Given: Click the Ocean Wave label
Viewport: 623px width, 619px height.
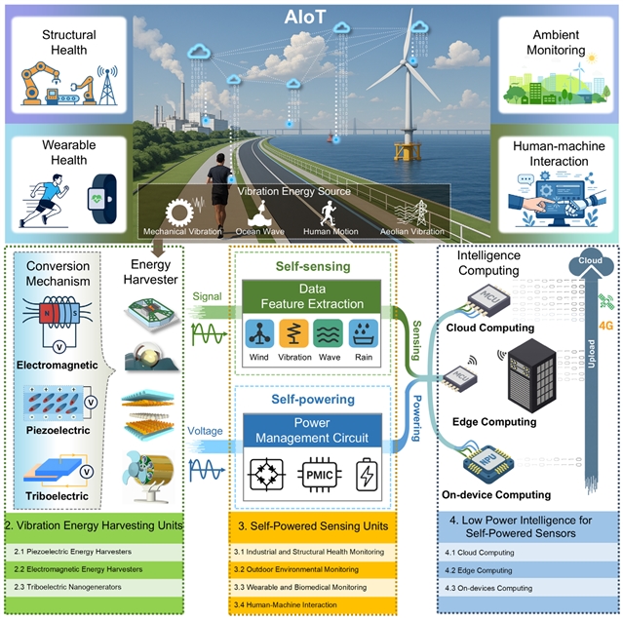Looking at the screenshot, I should [x=258, y=232].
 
